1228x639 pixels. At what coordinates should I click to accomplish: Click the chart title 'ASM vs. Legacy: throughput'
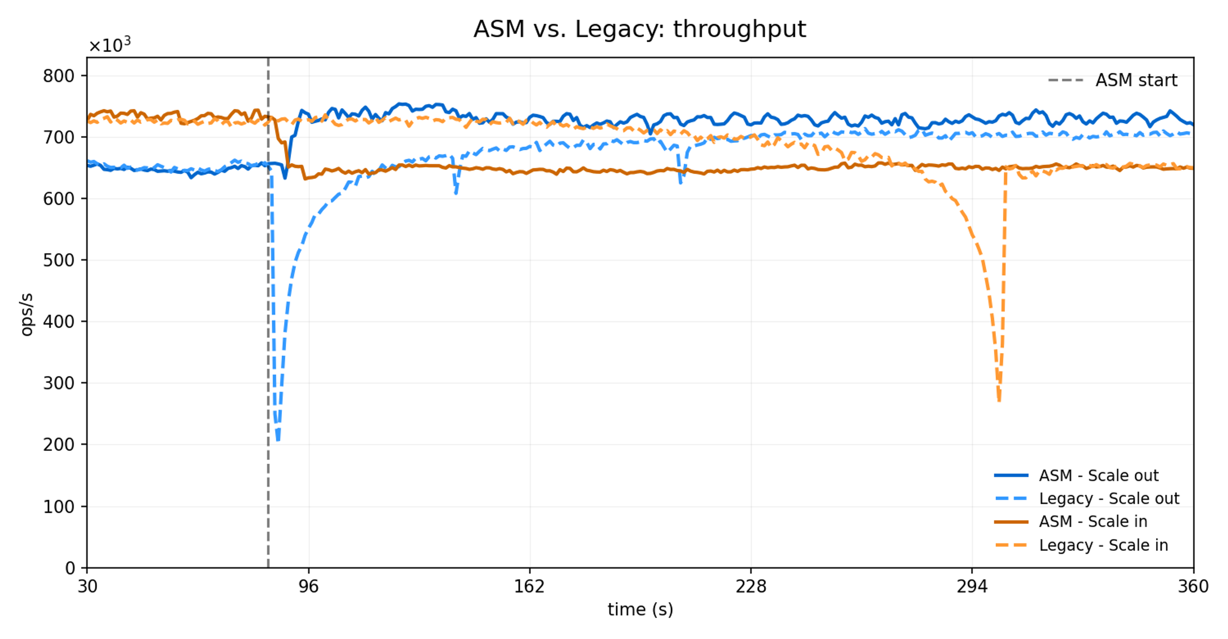pyautogui.click(x=639, y=29)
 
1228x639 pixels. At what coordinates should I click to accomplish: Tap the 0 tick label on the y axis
pyautogui.click(x=70, y=568)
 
